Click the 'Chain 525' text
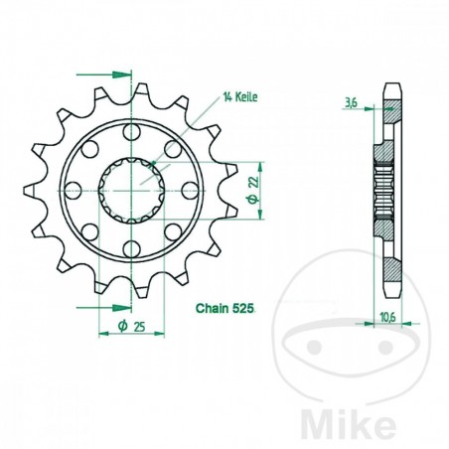coord(229,310)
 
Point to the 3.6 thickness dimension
coord(350,101)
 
